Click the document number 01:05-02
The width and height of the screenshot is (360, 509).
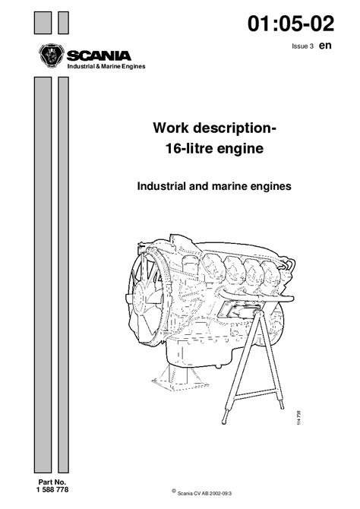click(x=291, y=24)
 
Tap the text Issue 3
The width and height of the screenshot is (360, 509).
click(x=302, y=46)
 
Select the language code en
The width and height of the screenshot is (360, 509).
click(x=325, y=45)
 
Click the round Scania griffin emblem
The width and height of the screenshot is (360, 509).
click(x=52, y=55)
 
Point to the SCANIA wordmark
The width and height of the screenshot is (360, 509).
click(x=99, y=55)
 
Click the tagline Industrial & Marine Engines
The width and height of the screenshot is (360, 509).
click(x=106, y=67)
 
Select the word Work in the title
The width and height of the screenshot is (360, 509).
click(x=171, y=128)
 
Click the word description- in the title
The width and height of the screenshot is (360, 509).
click(x=235, y=128)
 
